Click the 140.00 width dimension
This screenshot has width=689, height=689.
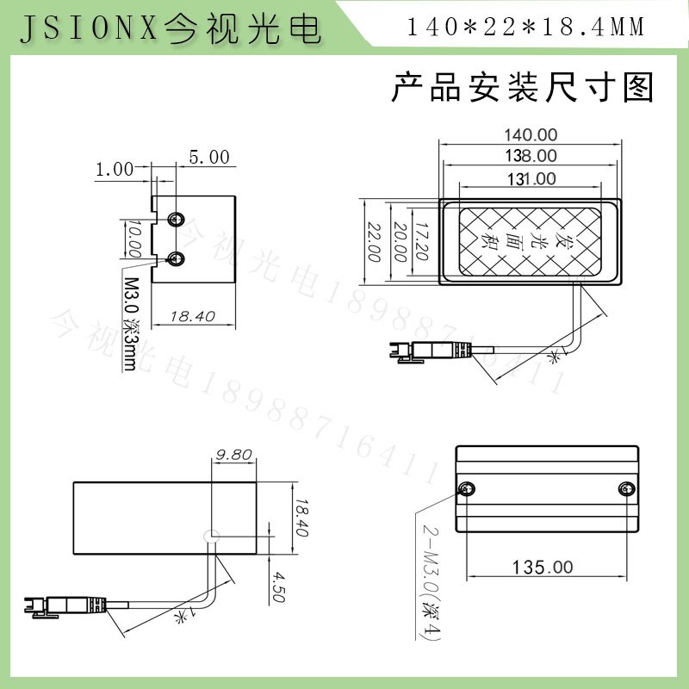coord(531,134)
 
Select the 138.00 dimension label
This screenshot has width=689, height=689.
coord(531,156)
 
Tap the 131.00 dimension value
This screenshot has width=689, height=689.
coord(531,178)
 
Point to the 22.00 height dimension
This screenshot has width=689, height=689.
coord(374,242)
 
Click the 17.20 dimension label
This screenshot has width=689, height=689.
coord(419,242)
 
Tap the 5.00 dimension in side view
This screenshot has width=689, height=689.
coord(209,158)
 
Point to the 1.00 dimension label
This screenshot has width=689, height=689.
coord(115,169)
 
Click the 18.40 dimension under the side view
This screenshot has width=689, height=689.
coord(192,316)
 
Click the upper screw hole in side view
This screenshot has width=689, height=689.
coord(177,218)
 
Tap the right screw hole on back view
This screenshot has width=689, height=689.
coord(626,490)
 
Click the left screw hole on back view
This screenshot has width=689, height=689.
coord(466,490)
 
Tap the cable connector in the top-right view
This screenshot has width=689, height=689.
coord(429,351)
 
